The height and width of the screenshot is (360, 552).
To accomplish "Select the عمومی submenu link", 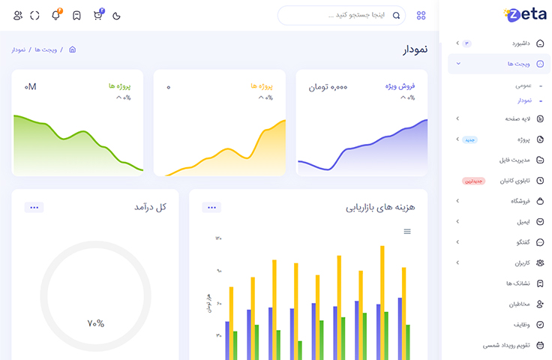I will [523, 86].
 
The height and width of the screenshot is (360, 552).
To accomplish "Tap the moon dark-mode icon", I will [116, 16].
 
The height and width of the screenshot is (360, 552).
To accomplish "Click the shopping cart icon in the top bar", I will [97, 15].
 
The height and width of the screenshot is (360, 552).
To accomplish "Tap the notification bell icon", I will [56, 15].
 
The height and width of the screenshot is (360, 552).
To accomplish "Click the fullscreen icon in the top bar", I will [35, 15].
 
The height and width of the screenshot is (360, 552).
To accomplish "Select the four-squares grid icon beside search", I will [421, 15].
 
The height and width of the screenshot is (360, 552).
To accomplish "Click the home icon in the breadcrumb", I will [72, 49].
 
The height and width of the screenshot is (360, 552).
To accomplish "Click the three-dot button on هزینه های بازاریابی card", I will [211, 207].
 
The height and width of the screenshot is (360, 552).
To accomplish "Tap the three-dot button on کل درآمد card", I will [34, 207].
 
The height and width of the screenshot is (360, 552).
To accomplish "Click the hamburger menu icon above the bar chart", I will [407, 232].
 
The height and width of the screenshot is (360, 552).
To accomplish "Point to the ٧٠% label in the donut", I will [95, 323].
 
